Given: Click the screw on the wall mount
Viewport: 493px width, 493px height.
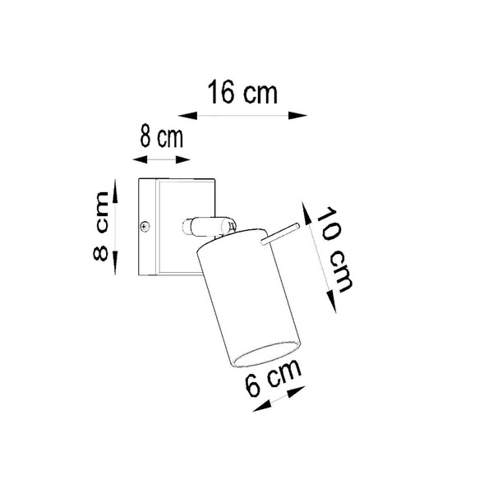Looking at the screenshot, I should coord(145,225).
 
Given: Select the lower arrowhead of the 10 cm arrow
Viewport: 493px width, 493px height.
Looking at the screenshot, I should coord(329,299).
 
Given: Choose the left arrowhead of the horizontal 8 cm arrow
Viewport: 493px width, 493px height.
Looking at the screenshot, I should coord(138,154).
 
